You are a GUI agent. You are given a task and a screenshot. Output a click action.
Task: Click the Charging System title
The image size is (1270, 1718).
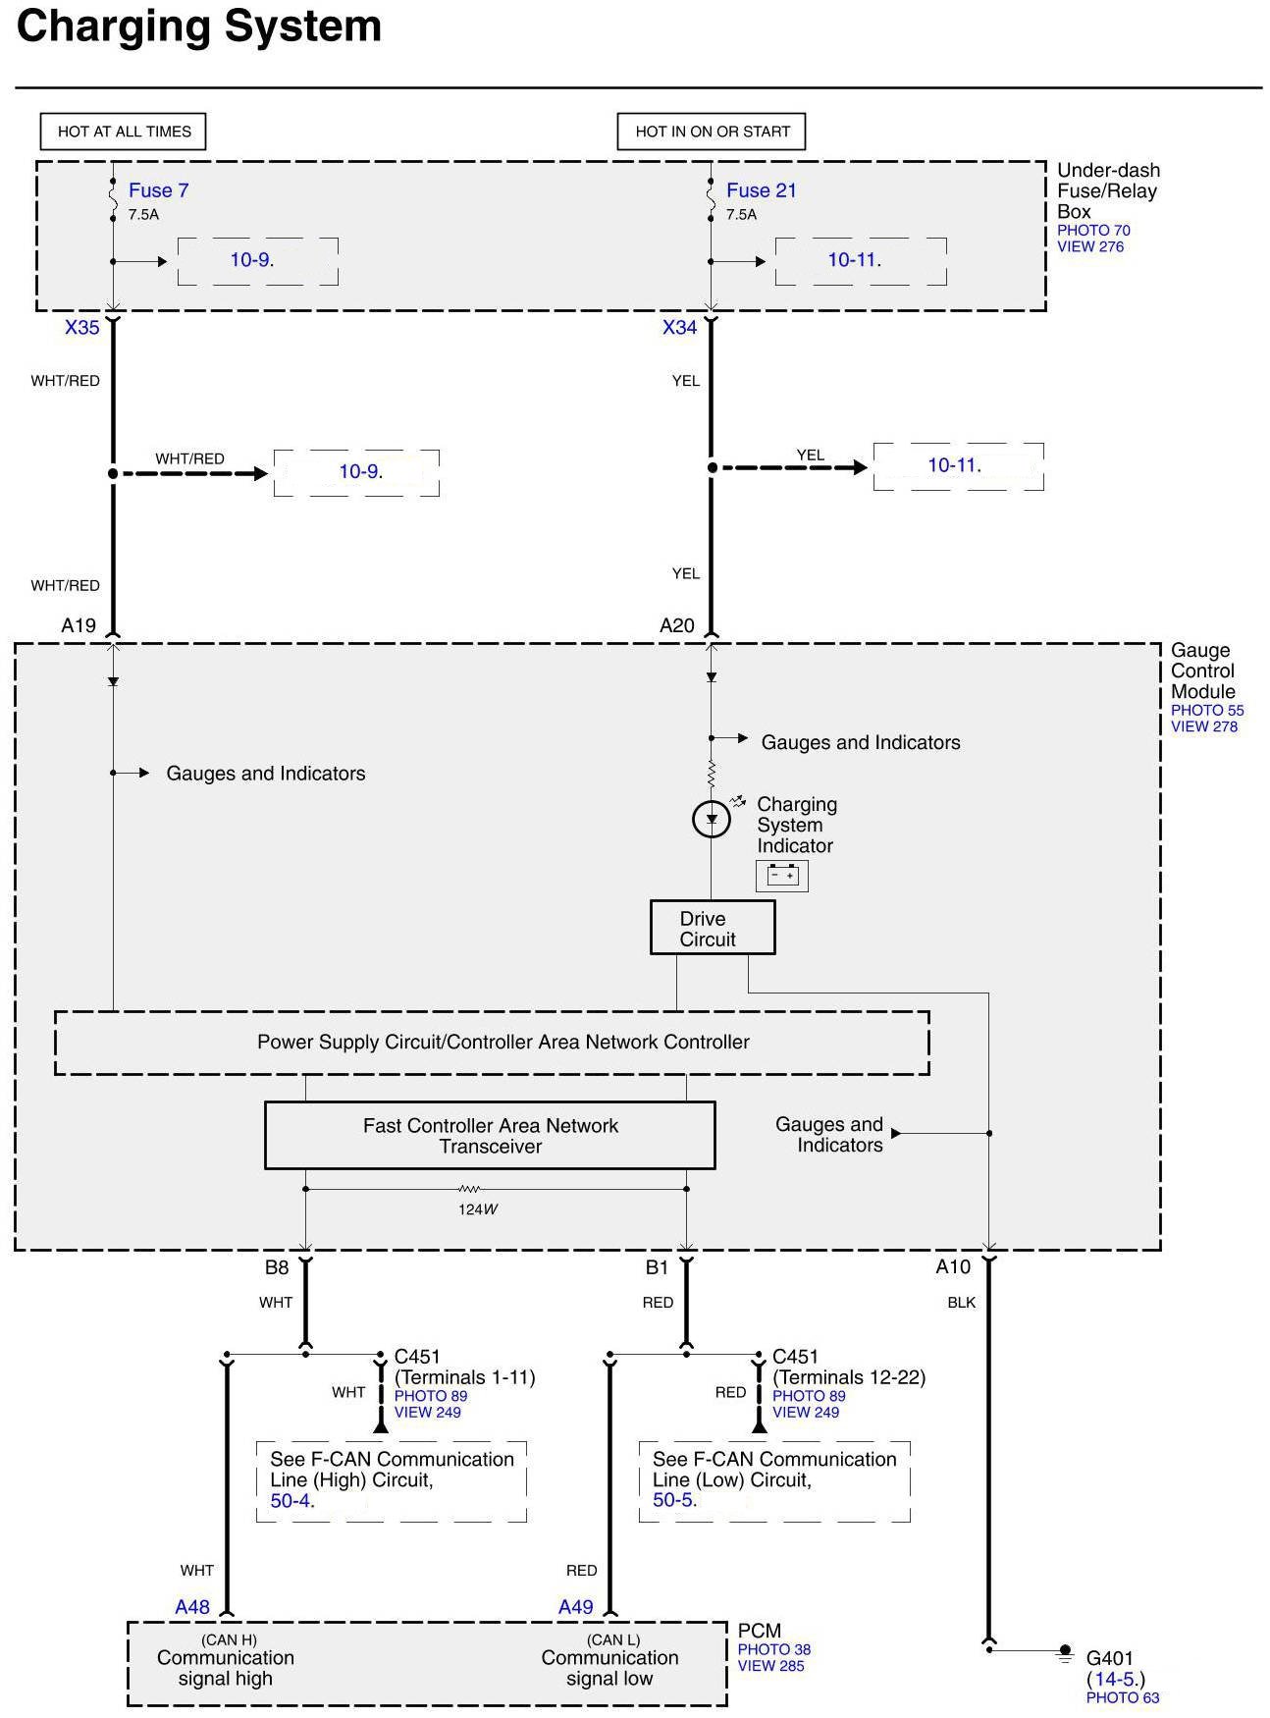[x=199, y=27]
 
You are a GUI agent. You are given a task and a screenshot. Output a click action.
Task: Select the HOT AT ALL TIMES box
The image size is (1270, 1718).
[x=124, y=132]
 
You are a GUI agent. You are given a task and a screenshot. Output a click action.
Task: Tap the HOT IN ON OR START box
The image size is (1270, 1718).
[x=712, y=132]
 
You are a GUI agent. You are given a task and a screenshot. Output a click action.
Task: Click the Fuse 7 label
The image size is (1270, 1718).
[x=158, y=190]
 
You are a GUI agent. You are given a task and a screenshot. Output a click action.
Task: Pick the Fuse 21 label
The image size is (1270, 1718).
[x=761, y=190]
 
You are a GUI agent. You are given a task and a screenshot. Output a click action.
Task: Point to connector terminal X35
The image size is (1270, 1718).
[x=82, y=328]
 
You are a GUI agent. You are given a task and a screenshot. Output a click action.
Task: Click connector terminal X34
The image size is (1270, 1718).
[x=679, y=328]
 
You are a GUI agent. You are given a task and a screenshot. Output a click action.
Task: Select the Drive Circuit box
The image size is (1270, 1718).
[x=712, y=928]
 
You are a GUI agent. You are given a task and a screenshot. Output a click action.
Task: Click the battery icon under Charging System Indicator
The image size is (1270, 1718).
[x=782, y=875]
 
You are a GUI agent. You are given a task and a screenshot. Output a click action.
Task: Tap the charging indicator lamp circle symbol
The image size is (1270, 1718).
[x=712, y=819]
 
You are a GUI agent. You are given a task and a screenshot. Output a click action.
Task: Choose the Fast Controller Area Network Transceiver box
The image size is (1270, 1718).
[x=490, y=1135]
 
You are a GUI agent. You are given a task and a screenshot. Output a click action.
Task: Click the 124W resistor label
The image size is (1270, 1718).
[x=478, y=1209]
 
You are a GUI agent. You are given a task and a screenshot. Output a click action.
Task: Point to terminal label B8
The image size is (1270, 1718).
[x=277, y=1267]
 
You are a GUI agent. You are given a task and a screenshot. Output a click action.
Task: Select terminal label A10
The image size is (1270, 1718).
[x=953, y=1267]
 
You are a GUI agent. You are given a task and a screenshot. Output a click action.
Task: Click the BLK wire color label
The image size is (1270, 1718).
[x=962, y=1303]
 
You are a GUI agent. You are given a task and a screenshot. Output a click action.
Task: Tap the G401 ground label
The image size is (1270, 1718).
[x=1110, y=1659]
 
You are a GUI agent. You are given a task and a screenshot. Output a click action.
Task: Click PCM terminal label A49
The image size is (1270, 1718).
[x=576, y=1607]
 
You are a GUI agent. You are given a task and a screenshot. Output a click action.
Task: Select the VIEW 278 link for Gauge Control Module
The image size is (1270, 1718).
[x=1204, y=726]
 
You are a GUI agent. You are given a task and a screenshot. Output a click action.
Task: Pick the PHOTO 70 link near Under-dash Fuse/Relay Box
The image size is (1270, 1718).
[x=1093, y=231]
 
